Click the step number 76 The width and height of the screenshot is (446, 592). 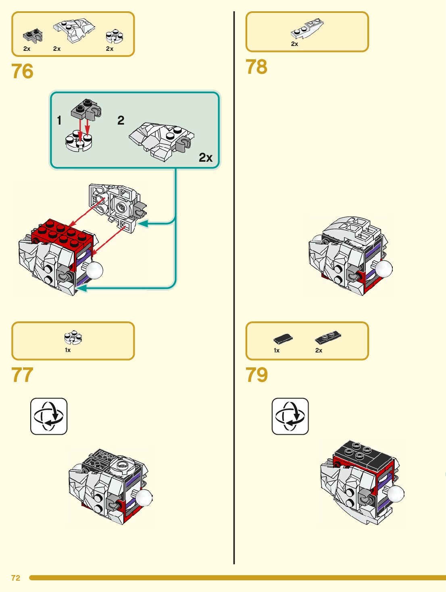[x=23, y=71]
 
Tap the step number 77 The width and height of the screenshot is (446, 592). [x=23, y=375]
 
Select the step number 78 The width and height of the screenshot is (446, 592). [x=256, y=67]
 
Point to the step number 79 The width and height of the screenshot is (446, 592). [x=256, y=375]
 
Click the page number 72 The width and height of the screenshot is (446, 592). [x=16, y=578]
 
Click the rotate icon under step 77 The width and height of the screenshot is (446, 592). [x=49, y=416]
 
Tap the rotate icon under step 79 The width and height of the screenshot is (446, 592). [x=290, y=416]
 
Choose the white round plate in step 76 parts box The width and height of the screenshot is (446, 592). [x=115, y=36]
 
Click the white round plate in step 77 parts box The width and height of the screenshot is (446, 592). [x=73, y=338]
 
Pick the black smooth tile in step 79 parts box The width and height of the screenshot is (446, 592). [x=283, y=339]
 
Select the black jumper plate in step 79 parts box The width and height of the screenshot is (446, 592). [x=327, y=338]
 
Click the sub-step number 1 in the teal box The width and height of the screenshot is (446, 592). [x=59, y=120]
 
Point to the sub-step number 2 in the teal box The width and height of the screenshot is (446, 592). [x=121, y=120]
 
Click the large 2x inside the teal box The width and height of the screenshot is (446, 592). [x=206, y=157]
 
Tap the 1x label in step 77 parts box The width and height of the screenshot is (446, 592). [x=68, y=350]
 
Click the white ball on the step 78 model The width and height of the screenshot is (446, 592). [x=384, y=269]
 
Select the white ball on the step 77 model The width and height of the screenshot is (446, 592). [x=144, y=497]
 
